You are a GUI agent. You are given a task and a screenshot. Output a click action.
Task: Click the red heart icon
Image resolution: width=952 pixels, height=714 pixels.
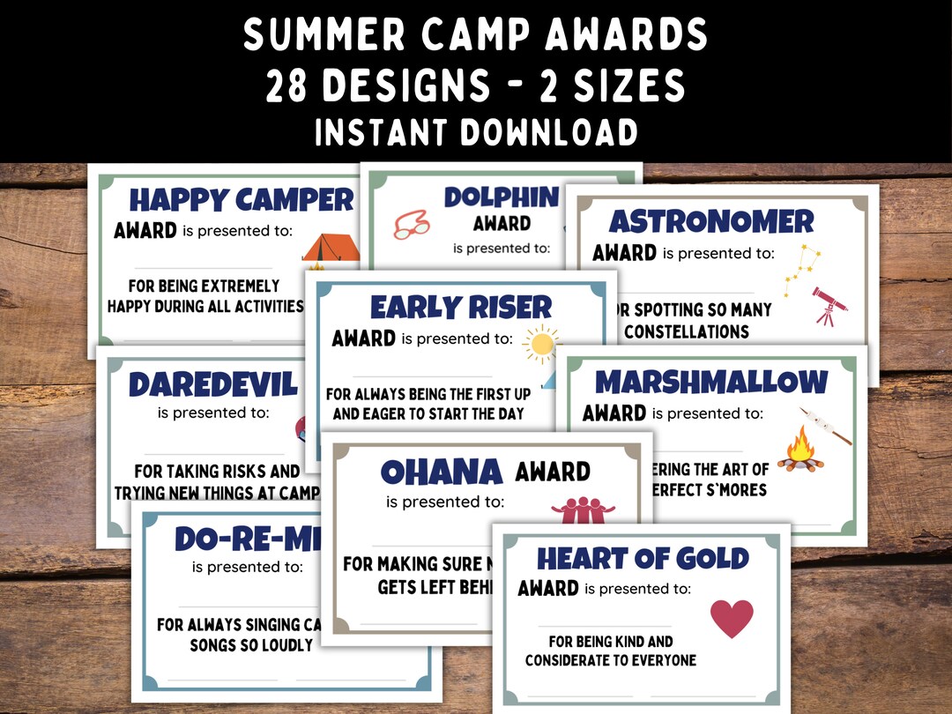coord(732,618)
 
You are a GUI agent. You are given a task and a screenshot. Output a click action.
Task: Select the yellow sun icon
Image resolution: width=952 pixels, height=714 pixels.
coord(540,344)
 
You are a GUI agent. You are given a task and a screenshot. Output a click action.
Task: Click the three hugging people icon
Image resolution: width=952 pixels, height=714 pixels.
coord(582,511)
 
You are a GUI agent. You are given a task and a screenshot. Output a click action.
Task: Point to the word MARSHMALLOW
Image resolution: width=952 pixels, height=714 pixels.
coord(711,382)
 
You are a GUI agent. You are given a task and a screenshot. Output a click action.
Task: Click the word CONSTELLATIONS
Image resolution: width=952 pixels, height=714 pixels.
coord(687,331)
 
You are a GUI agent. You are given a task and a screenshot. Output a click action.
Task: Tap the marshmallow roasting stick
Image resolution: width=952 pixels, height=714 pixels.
coord(826,425)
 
